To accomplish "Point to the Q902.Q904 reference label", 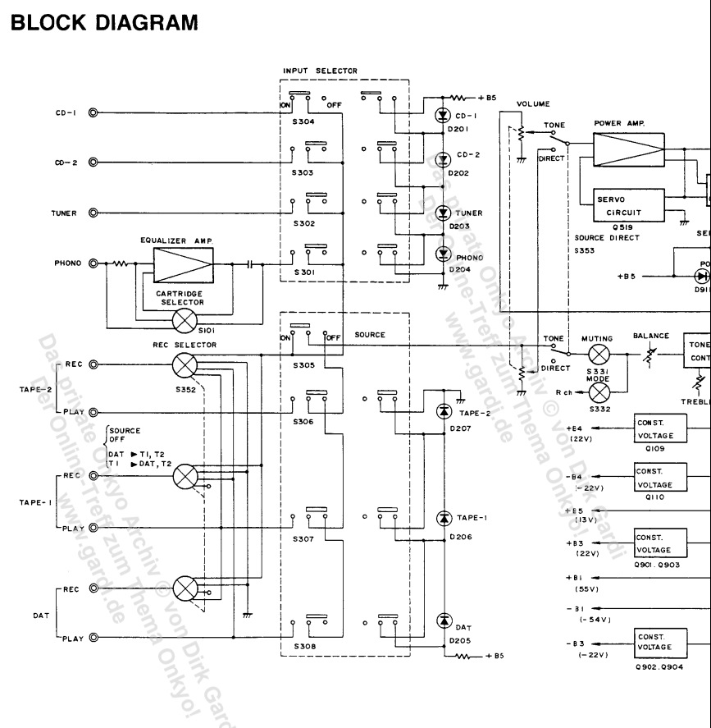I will tap(661, 668).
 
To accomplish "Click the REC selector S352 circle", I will tap(187, 364).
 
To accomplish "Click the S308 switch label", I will tap(304, 646).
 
